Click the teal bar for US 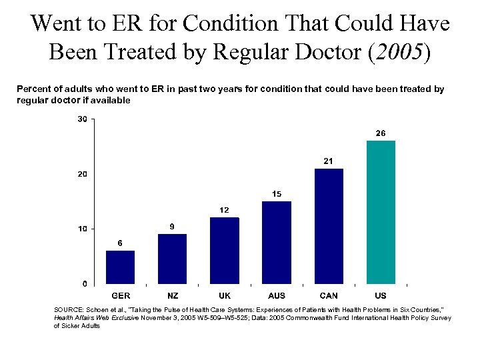(381, 212)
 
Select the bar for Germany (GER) (120, 267)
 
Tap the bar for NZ (172, 259)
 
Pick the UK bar (224, 250)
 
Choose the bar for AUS (277, 242)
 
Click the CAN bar (329, 226)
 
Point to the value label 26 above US (380, 133)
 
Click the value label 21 (328, 161)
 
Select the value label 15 (277, 194)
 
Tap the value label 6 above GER (120, 243)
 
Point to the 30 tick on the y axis (82, 119)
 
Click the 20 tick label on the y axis (82, 174)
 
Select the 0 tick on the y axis (85, 284)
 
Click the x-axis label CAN (329, 295)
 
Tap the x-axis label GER (121, 295)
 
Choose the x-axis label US (381, 295)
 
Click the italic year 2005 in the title (398, 52)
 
